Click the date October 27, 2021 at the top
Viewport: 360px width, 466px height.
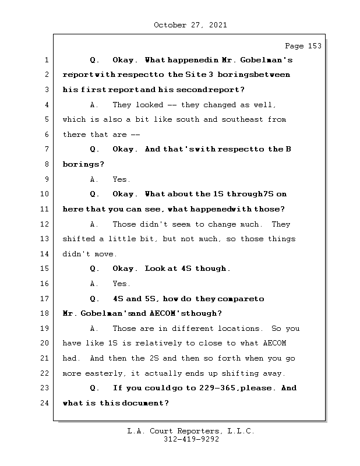[190, 25]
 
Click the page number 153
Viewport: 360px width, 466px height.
[314, 46]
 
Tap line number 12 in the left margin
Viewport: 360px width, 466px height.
[46, 224]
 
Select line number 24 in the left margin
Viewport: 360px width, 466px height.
[46, 403]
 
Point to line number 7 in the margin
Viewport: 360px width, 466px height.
[46, 150]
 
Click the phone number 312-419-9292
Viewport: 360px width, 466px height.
[191, 440]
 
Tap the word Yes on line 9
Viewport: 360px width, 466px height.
[121, 179]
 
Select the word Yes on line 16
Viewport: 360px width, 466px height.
[121, 284]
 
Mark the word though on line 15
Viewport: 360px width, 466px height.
[213, 269]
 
